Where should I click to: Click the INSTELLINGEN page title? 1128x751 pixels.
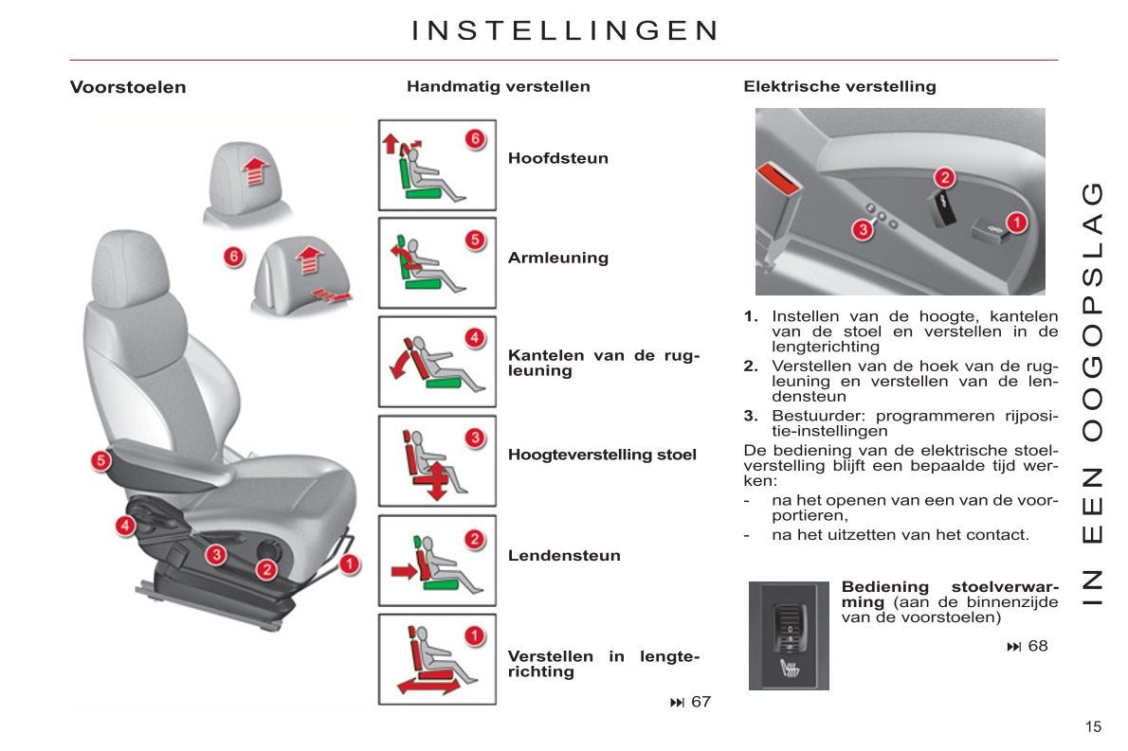pyautogui.click(x=565, y=31)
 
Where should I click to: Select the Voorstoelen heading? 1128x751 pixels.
pyautogui.click(x=128, y=87)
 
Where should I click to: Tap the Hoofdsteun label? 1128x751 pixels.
pyautogui.click(x=558, y=158)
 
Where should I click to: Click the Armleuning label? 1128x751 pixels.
pyautogui.click(x=558, y=258)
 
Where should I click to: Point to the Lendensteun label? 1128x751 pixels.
pyautogui.click(x=564, y=556)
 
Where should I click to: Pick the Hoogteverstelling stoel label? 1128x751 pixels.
pyautogui.click(x=602, y=455)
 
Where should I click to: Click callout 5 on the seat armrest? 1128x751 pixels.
pyautogui.click(x=100, y=460)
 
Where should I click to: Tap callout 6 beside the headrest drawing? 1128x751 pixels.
pyautogui.click(x=233, y=257)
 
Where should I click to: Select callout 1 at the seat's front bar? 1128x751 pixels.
pyautogui.click(x=350, y=564)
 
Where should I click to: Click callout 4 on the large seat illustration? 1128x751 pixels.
pyautogui.click(x=125, y=526)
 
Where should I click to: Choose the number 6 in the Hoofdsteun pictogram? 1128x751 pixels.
pyautogui.click(x=475, y=138)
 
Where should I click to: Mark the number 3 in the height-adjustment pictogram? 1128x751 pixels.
pyautogui.click(x=475, y=438)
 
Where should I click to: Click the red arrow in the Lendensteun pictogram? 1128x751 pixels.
pyautogui.click(x=405, y=571)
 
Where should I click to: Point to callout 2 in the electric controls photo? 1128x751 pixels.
pyautogui.click(x=944, y=177)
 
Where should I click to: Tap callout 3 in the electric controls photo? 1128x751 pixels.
pyautogui.click(x=862, y=230)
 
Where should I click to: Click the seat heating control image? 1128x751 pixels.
pyautogui.click(x=790, y=636)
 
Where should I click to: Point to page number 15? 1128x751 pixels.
pyautogui.click(x=1094, y=726)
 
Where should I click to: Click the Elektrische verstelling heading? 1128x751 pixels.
pyautogui.click(x=840, y=86)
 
